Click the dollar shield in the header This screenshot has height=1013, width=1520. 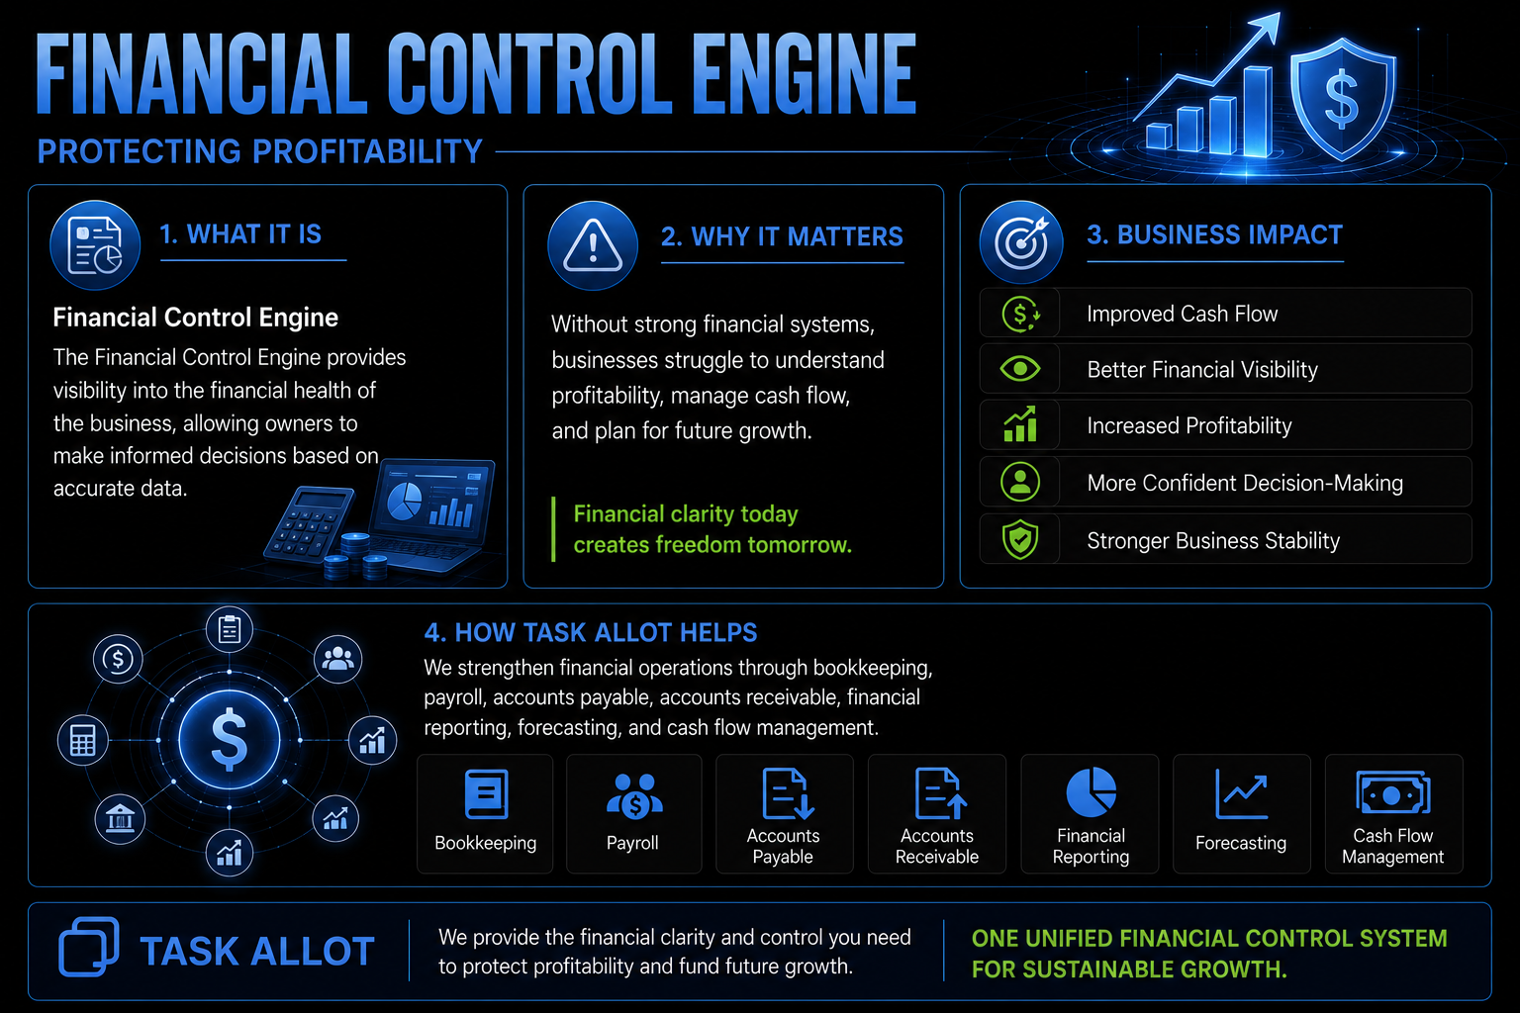click(x=1342, y=100)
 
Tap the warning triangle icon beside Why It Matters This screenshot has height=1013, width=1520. click(x=593, y=245)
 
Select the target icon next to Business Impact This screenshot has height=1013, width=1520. click(x=1021, y=242)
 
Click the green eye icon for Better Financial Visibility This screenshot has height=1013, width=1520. click(x=1020, y=368)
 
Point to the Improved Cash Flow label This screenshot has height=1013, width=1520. click(x=1183, y=314)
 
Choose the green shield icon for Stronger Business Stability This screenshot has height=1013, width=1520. click(x=1020, y=539)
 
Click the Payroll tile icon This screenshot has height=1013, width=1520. click(x=633, y=795)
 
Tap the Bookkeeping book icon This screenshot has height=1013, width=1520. click(x=486, y=793)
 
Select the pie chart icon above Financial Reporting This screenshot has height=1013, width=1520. click(x=1092, y=792)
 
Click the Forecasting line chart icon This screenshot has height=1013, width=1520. click(x=1241, y=793)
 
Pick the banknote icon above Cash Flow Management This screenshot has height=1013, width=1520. click(x=1393, y=792)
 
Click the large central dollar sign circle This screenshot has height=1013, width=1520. click(x=230, y=739)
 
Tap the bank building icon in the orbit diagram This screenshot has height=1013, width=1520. click(x=120, y=819)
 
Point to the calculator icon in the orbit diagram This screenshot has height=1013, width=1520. click(x=83, y=740)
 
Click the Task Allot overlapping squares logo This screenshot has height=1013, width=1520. click(x=89, y=947)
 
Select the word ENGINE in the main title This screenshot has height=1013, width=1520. click(x=804, y=74)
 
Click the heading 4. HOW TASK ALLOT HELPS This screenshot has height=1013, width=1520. click(x=591, y=632)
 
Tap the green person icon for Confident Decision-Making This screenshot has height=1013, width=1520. click(x=1020, y=482)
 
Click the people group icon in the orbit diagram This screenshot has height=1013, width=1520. click(x=337, y=659)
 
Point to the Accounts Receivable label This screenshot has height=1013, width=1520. click(x=937, y=846)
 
